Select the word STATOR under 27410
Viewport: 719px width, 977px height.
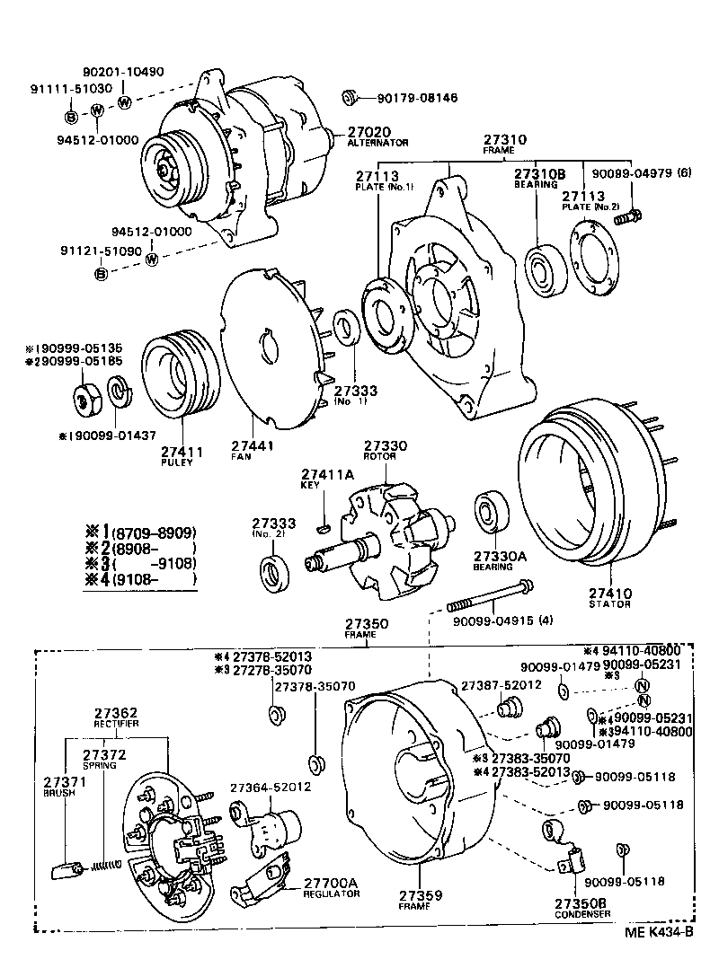click(x=609, y=604)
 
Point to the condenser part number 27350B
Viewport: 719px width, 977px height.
click(x=581, y=902)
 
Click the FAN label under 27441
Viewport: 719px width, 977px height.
click(x=240, y=456)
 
